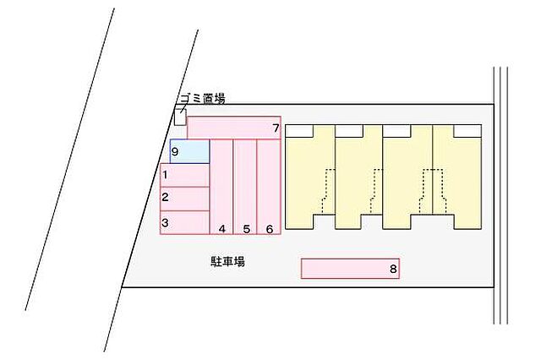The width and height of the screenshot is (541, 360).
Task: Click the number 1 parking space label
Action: (166, 175)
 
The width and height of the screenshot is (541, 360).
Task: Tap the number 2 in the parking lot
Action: (166, 197)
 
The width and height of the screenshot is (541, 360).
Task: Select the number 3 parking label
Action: (166, 223)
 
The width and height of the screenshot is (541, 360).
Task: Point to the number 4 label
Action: (222, 229)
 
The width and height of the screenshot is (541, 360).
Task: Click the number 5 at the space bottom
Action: (246, 229)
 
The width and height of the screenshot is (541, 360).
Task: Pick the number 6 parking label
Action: (270, 229)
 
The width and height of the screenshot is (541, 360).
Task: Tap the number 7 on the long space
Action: (276, 128)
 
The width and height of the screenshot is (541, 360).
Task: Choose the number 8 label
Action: (393, 269)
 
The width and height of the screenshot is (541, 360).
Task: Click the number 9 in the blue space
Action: (175, 152)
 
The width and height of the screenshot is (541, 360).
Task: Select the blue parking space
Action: (189, 151)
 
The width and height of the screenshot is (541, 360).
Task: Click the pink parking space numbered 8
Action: (350, 268)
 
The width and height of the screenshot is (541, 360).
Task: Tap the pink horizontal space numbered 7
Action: (234, 128)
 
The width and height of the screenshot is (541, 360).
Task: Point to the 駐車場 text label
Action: (227, 261)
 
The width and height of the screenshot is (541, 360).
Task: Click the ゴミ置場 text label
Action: (203, 99)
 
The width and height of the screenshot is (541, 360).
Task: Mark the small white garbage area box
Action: (180, 117)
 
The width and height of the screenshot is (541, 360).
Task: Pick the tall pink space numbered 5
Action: (245, 187)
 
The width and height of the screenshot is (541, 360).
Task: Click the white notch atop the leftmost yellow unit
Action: (299, 131)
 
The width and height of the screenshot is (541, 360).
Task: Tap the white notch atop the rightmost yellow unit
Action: (467, 131)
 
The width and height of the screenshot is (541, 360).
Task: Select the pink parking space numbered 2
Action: (184, 199)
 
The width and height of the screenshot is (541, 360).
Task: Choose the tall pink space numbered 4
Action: (221, 187)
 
